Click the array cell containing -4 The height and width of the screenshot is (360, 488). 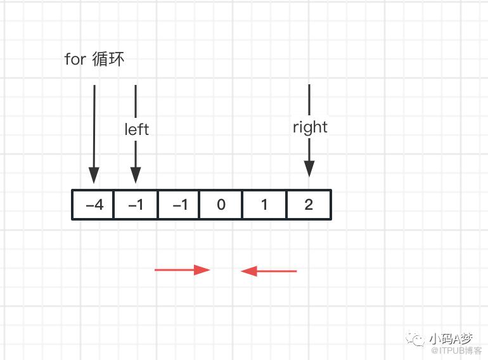tap(93, 205)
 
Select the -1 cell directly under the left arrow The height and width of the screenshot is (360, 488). tap(136, 205)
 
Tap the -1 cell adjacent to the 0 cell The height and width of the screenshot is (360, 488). tap(179, 205)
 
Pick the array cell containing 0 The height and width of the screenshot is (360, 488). tap(221, 205)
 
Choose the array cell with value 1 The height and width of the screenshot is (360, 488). tap(264, 205)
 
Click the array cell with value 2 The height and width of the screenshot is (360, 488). tap(309, 205)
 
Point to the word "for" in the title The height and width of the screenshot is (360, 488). tap(75, 59)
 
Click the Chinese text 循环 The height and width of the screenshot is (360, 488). tap(108, 59)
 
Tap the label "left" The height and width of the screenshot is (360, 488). tap(137, 129)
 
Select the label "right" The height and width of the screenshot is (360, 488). tap(310, 127)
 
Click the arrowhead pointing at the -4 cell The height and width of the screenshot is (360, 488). tap(94, 175)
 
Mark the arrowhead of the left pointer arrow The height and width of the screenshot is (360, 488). tap(136, 175)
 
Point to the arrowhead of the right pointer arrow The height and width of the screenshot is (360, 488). tap(309, 169)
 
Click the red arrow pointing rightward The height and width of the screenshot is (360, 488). tap(183, 270)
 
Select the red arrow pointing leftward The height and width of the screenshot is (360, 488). tap(269, 271)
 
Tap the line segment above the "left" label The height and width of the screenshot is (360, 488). tap(136, 101)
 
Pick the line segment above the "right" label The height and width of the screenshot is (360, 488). tap(309, 100)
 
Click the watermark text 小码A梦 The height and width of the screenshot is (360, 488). tap(451, 339)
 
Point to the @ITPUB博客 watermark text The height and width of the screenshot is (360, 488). tap(456, 350)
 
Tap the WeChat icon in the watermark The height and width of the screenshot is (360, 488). tap(415, 339)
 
